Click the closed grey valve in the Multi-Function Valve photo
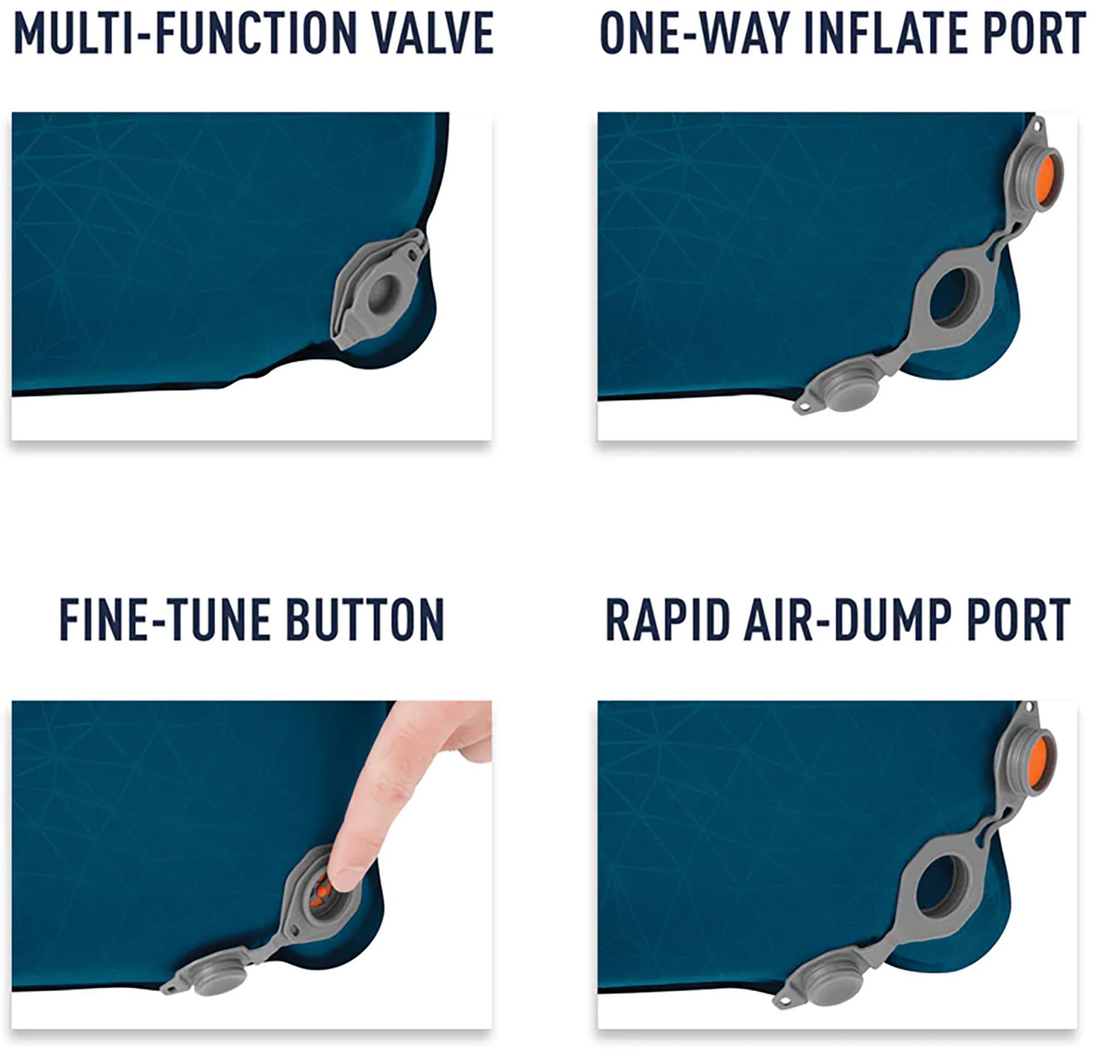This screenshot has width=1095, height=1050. (x=381, y=291)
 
